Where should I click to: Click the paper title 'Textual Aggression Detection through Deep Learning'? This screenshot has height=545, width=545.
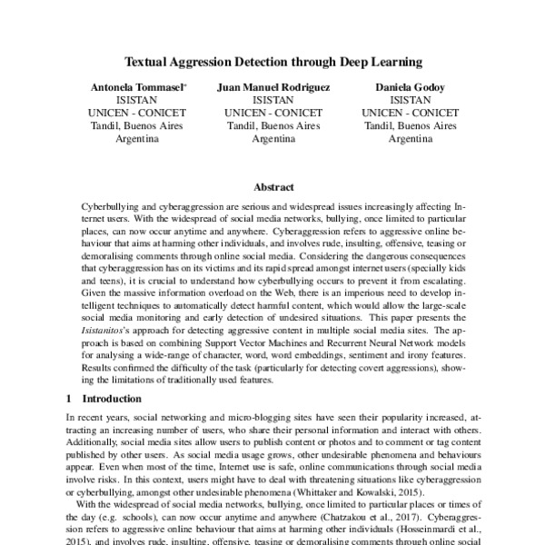(272, 63)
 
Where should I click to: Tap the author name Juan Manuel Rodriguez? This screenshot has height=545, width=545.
(272, 86)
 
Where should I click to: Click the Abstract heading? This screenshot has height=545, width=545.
(272, 187)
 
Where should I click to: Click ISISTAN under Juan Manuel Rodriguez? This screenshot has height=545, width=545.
(272, 100)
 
